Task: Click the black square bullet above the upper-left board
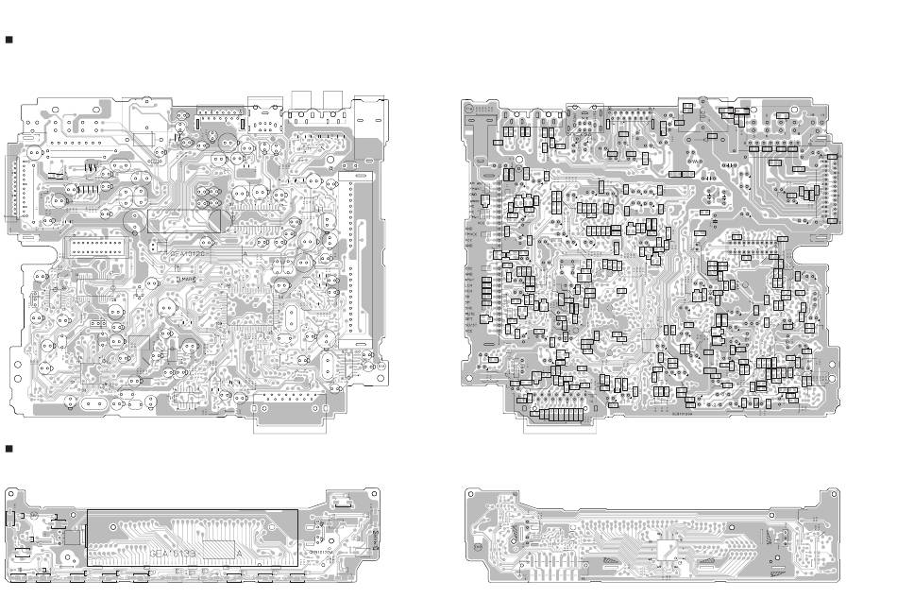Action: point(9,41)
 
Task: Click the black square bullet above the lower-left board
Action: point(9,446)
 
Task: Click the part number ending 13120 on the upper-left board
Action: point(185,255)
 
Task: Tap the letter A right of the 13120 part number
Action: point(245,255)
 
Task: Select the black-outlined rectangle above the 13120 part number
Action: point(184,221)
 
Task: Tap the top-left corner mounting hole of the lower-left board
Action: point(11,492)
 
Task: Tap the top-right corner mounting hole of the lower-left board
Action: point(374,493)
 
